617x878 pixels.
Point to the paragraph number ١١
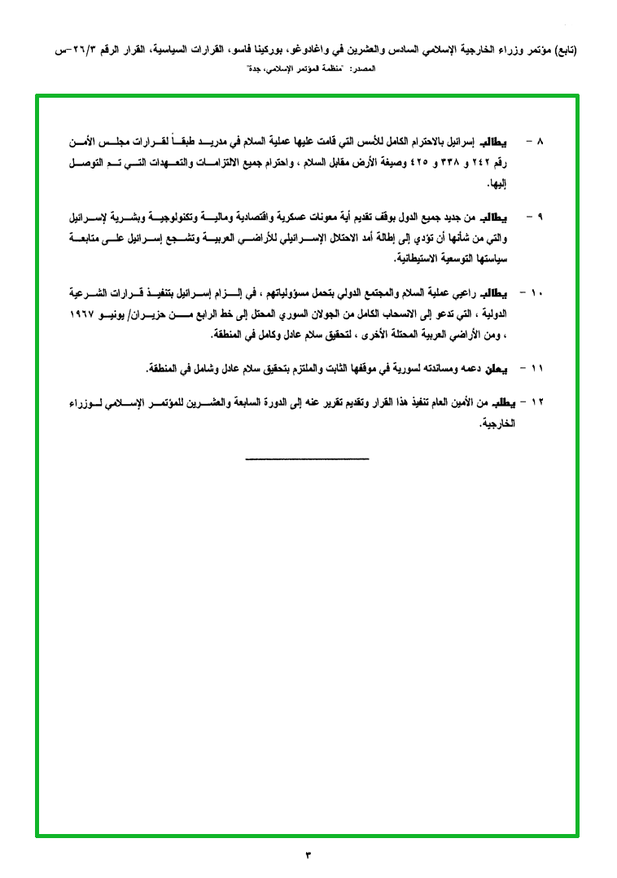pyautogui.click(x=537, y=369)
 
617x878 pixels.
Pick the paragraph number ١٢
pyautogui.click(x=537, y=402)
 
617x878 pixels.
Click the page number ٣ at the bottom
pyautogui.click(x=308, y=854)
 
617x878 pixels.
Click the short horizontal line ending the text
pyautogui.click(x=307, y=459)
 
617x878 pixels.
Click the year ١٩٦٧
pyautogui.click(x=81, y=314)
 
